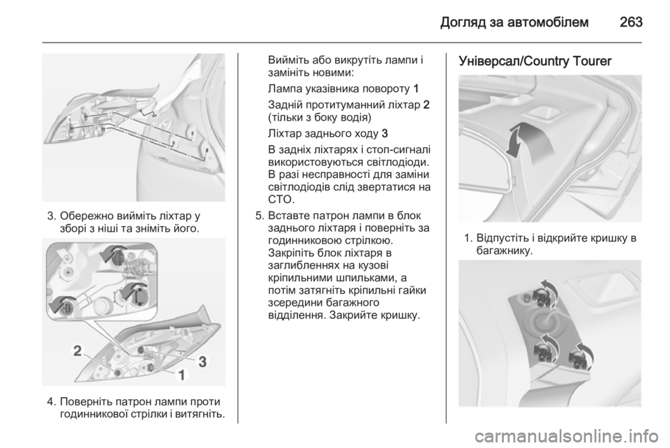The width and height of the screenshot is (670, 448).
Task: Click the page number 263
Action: pyautogui.click(x=631, y=22)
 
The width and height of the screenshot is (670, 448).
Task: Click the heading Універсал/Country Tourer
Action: pyautogui.click(x=535, y=61)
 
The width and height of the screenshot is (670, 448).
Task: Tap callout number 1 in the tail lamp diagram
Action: pyautogui.click(x=181, y=375)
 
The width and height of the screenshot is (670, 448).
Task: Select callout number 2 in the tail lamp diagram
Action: pyautogui.click(x=77, y=351)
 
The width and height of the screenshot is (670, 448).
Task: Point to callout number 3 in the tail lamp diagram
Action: pyautogui.click(x=202, y=361)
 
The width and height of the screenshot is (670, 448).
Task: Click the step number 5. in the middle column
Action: pyautogui.click(x=260, y=215)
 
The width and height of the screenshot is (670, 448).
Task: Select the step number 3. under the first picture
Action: pyautogui.click(x=52, y=215)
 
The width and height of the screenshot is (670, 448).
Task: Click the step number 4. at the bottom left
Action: pyautogui.click(x=52, y=402)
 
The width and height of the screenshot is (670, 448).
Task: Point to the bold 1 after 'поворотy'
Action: pyautogui.click(x=416, y=89)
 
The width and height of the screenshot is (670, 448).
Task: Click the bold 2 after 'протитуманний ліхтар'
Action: pyautogui.click(x=426, y=105)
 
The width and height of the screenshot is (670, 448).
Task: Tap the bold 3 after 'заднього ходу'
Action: pyautogui.click(x=385, y=134)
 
